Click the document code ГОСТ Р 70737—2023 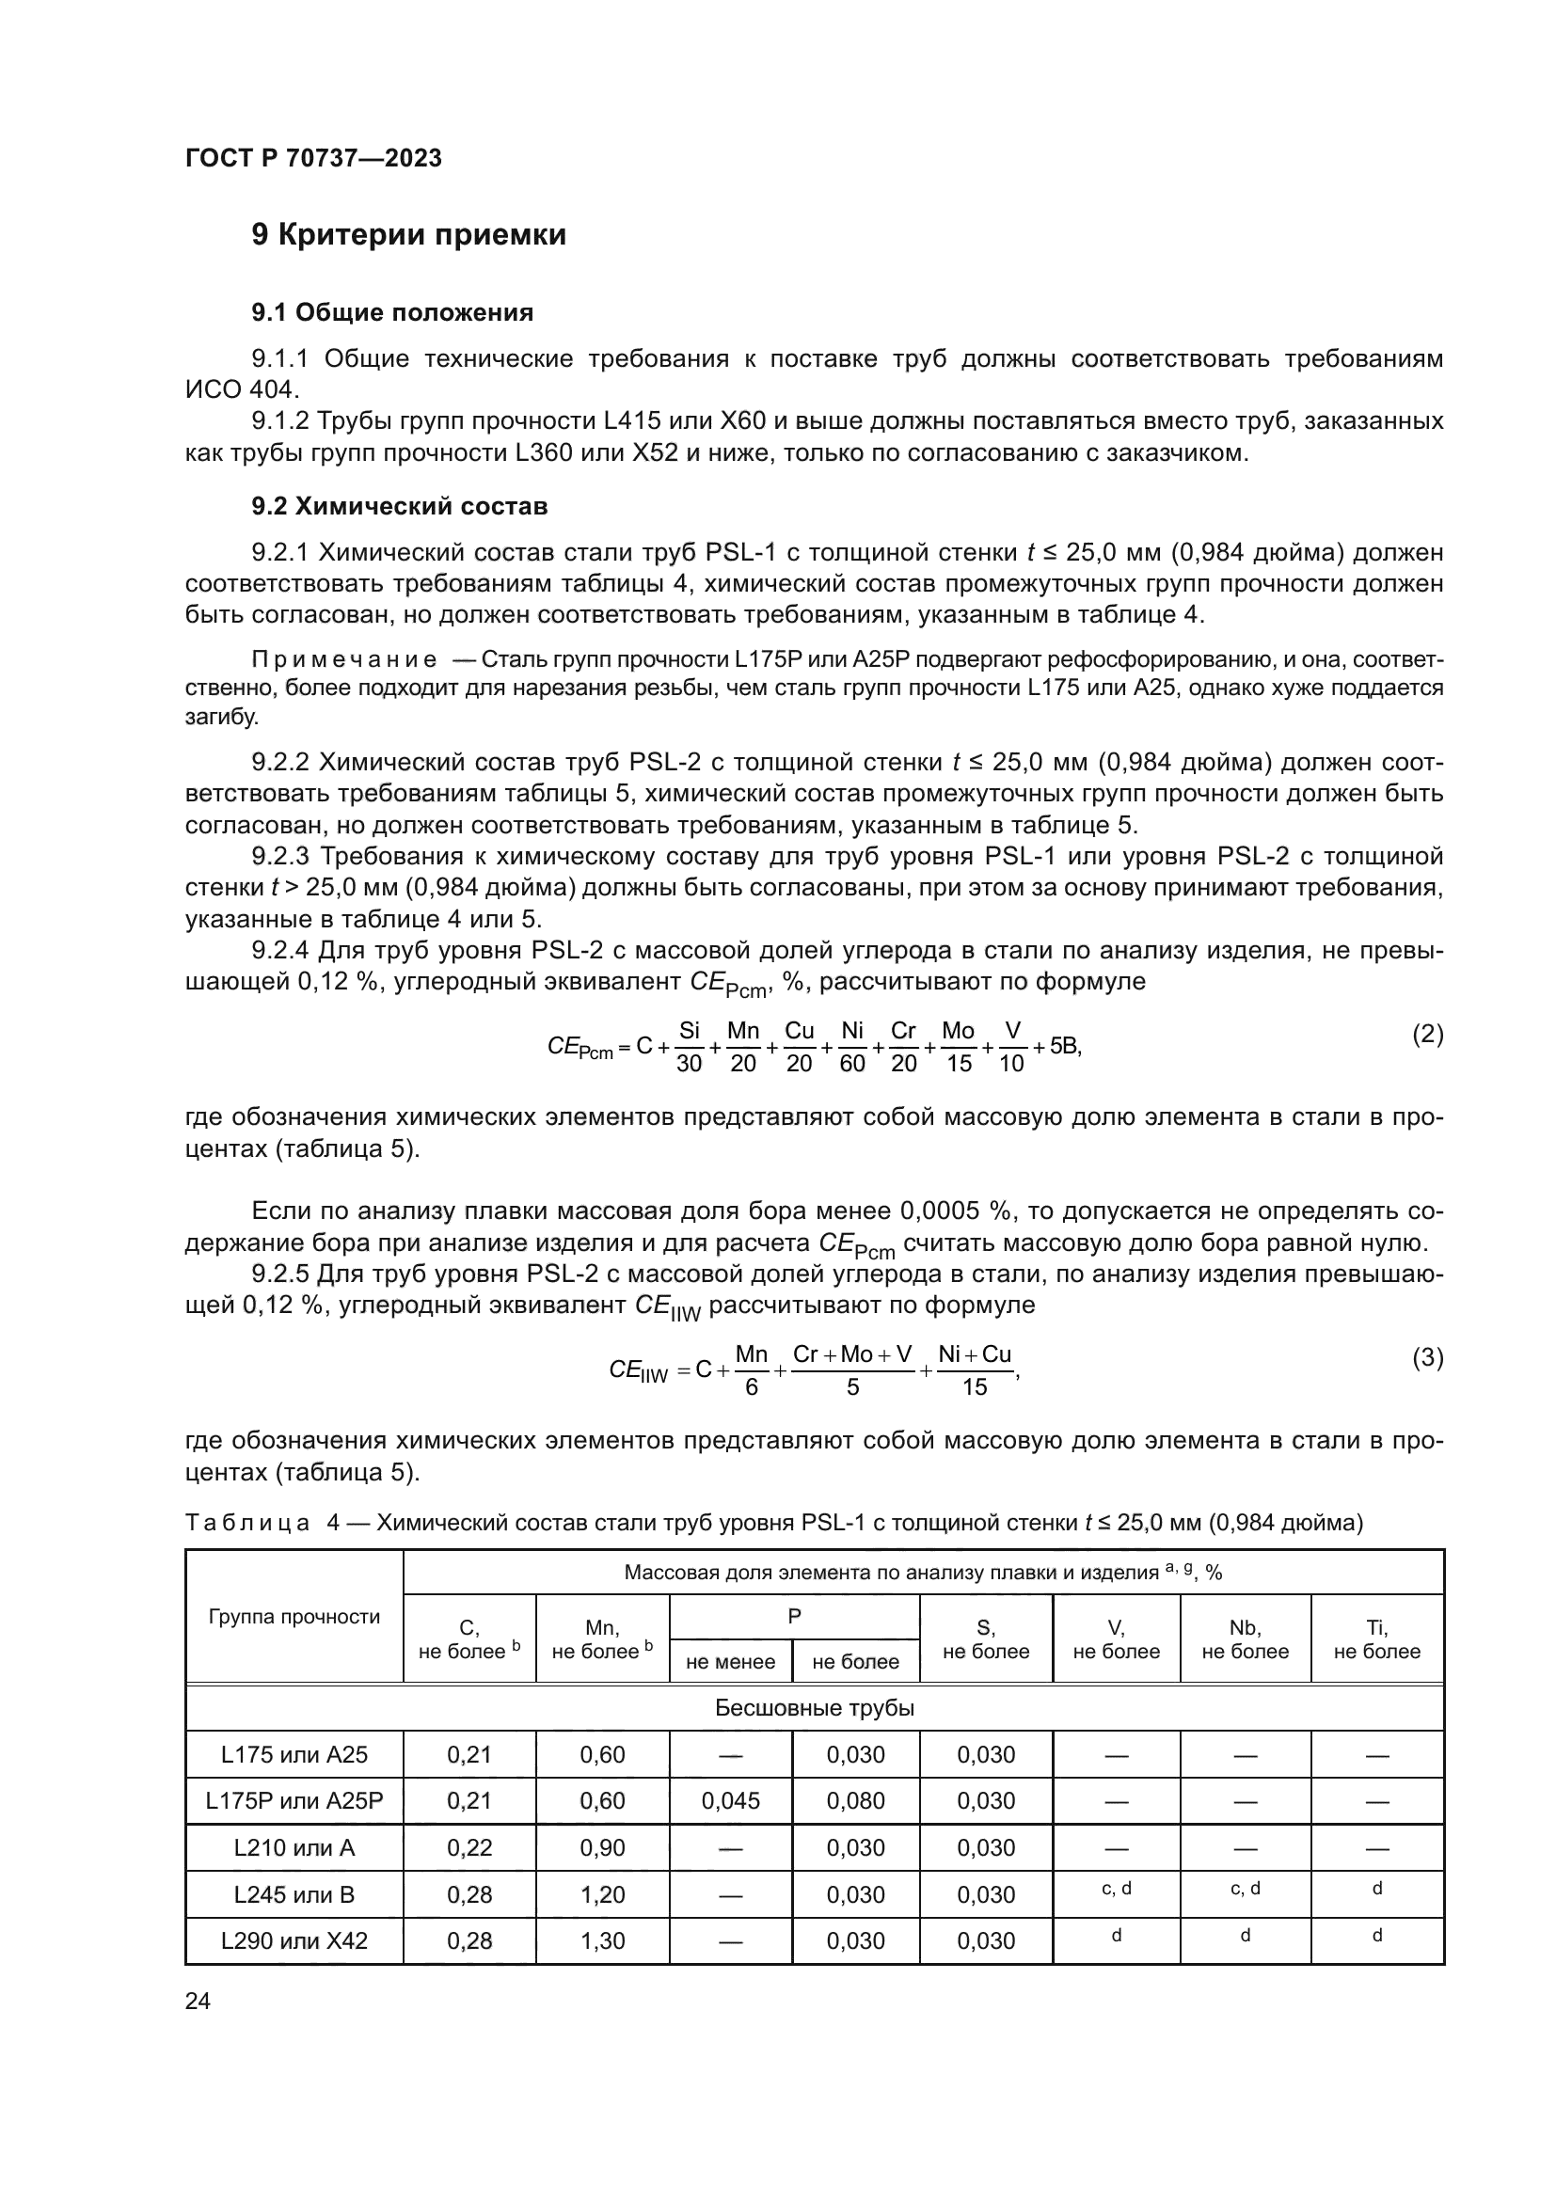pos(313,158)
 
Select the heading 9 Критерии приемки pos(408,235)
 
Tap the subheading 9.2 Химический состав pos(399,506)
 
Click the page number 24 pos(198,2001)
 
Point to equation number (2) pos(1427,1034)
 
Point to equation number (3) pos(1427,1358)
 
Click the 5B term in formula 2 pos(1065,1046)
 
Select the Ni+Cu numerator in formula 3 pos(975,1353)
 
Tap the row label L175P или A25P pos(294,1801)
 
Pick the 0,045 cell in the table pos(730,1801)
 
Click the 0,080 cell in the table pos(855,1801)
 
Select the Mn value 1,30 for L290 pos(603,1941)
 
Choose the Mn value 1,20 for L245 pos(603,1894)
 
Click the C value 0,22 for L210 pos(469,1847)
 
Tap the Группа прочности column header pos(294,1618)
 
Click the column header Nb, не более pos(1245,1639)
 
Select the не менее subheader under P pos(730,1661)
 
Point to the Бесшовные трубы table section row pos(815,1707)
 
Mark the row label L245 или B pos(294,1894)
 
